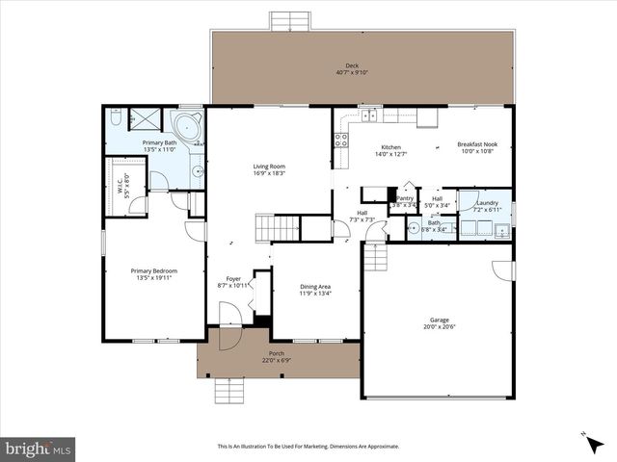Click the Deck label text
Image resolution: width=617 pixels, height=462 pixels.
353,66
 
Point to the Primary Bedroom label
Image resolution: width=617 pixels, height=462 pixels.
154,270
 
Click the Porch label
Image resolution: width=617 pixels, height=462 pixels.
276,355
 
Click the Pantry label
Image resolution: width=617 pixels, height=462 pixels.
405,198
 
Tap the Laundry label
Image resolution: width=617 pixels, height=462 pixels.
487,202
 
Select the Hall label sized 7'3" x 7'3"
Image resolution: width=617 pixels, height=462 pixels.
362,214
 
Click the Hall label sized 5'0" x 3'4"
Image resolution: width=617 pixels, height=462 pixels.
437,198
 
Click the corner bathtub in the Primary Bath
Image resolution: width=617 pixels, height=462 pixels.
186,126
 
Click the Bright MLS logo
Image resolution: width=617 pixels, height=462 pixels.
39,449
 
